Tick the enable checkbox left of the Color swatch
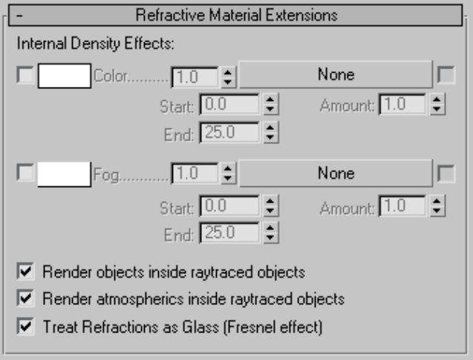coord(25,75)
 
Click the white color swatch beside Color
coord(64,75)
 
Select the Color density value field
coord(195,76)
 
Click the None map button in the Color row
coord(336,74)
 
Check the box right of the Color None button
coord(446,75)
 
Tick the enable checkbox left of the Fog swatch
coord(25,174)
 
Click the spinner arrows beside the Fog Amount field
coord(436,206)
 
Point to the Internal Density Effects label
coord(95,44)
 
